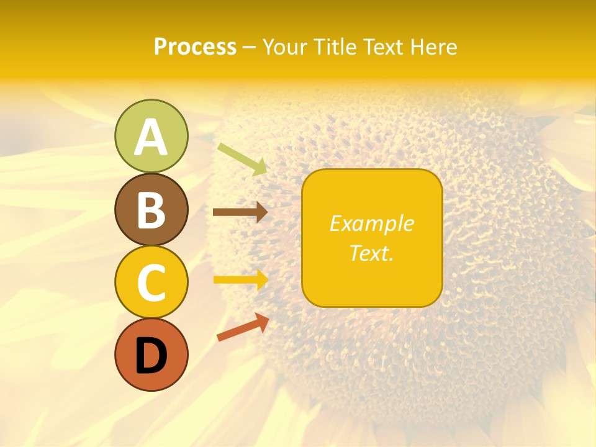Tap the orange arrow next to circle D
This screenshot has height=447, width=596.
click(243, 327)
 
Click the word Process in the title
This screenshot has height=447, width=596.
click(195, 47)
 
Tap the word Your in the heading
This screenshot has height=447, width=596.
click(282, 47)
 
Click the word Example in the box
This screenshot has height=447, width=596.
click(372, 223)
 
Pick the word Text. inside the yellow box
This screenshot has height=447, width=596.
click(372, 253)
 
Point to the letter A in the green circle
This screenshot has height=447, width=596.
click(151, 138)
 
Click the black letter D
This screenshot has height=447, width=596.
click(151, 356)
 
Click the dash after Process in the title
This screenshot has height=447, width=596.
click(249, 48)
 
